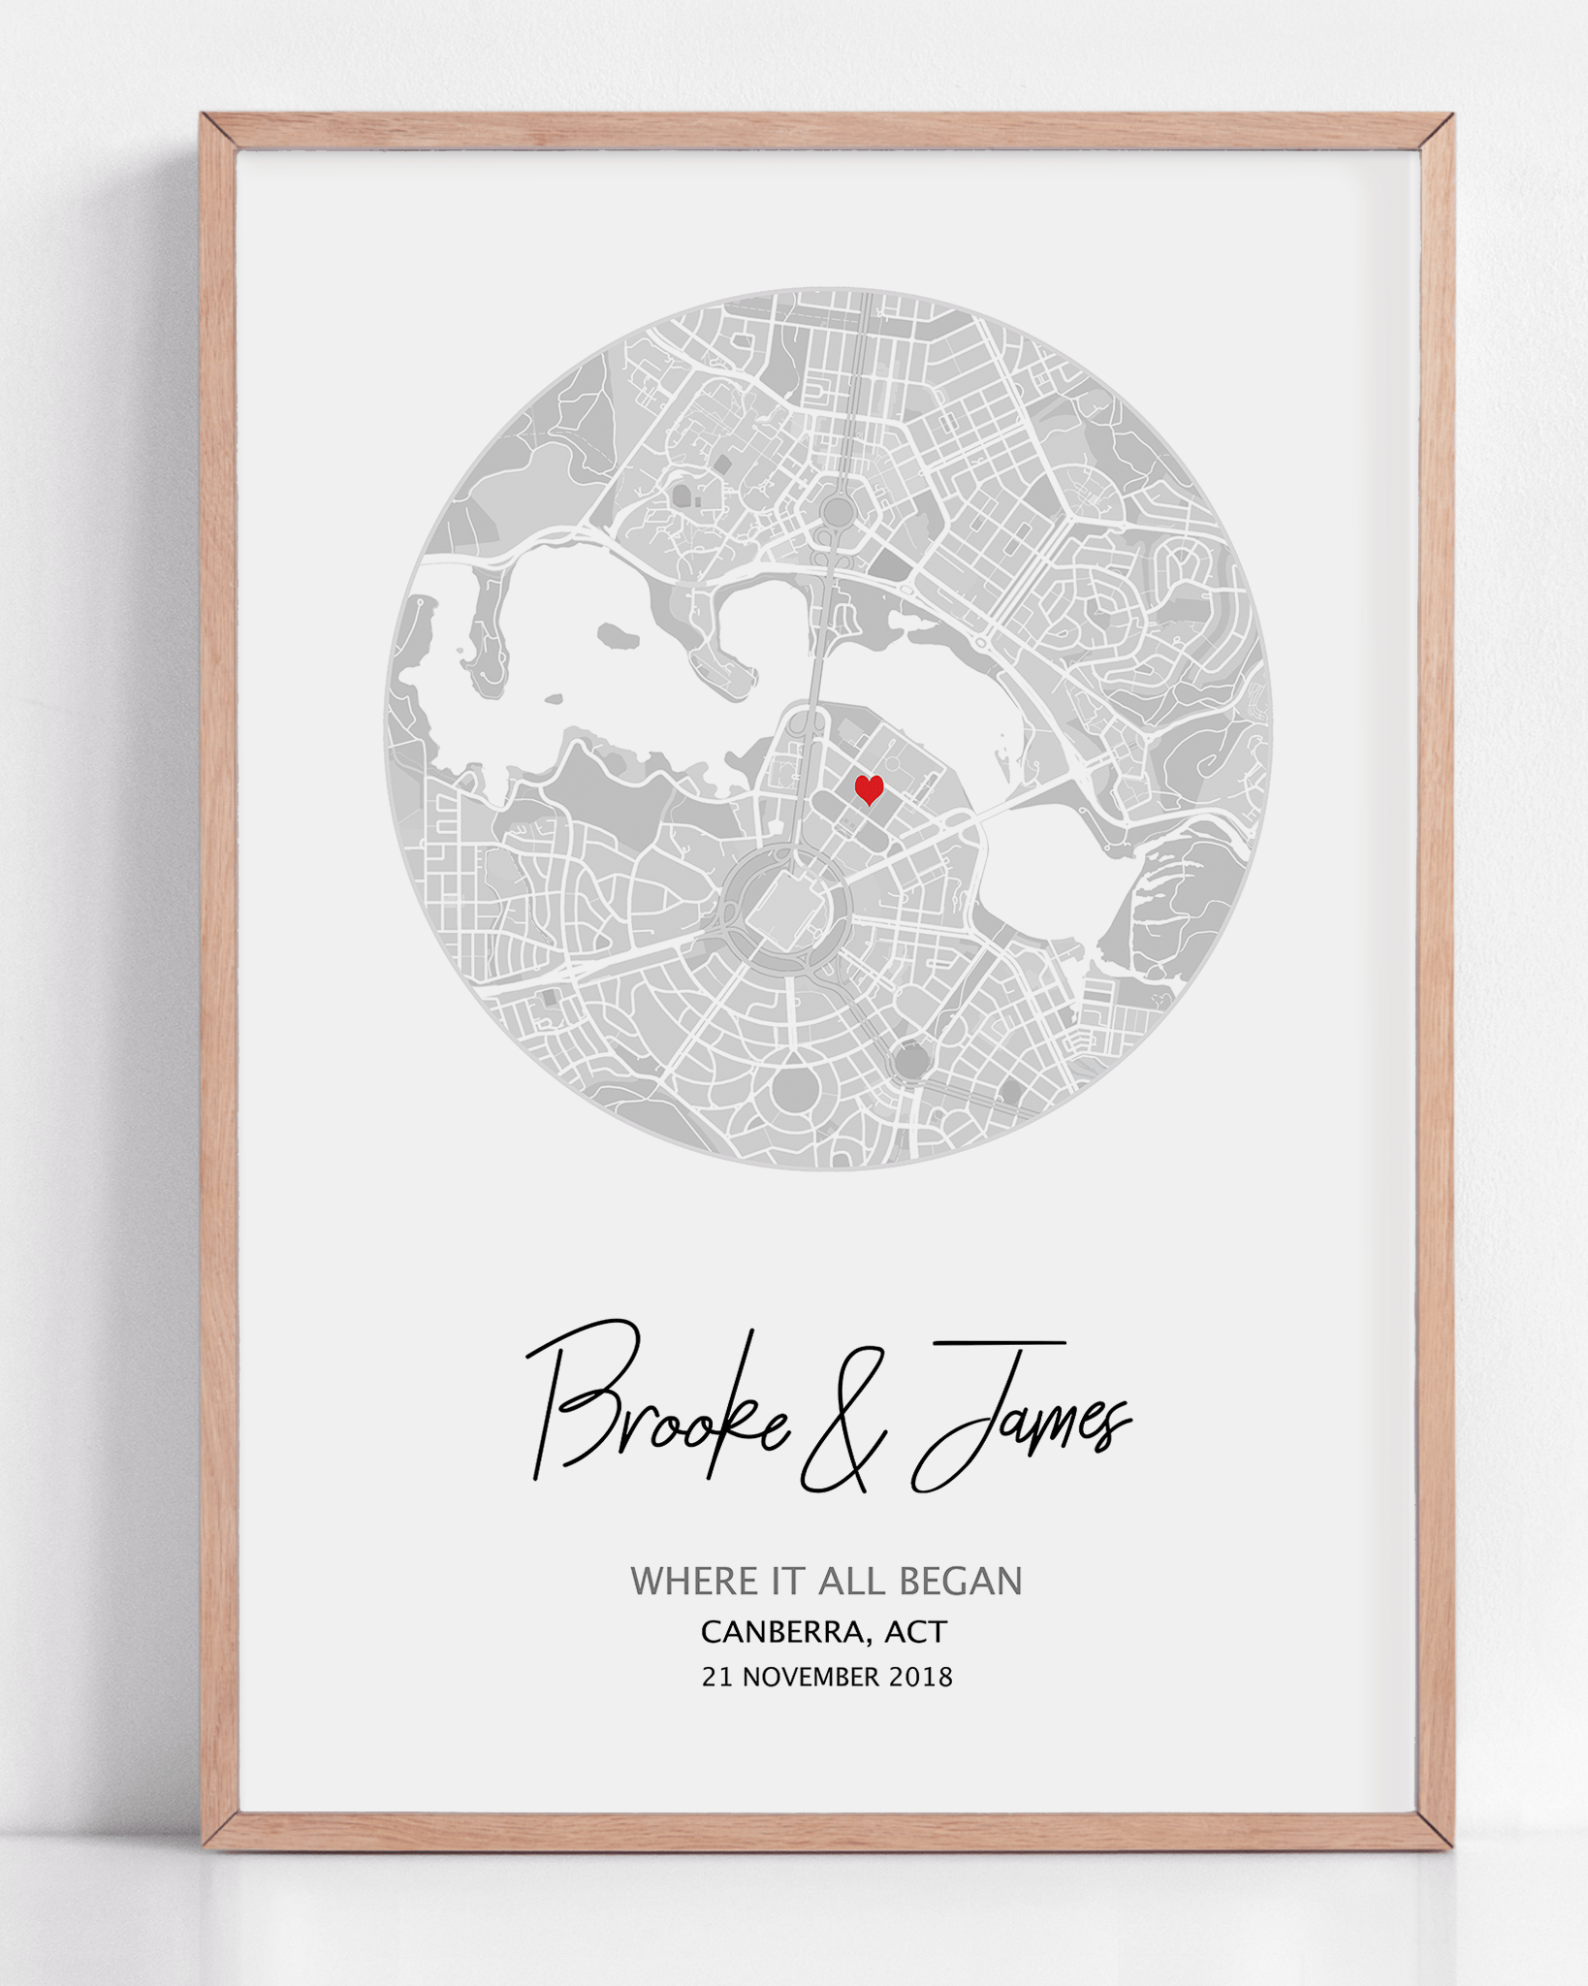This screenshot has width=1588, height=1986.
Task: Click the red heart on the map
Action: pos(869,789)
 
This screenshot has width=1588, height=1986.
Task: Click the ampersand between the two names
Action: pos(843,1425)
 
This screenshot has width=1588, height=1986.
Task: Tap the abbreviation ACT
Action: pos(915,1632)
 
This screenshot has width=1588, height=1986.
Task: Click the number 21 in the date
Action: pos(716,1677)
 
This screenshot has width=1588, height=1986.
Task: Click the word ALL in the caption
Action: pos(851,1582)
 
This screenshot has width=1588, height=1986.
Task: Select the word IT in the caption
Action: pos(788,1582)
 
